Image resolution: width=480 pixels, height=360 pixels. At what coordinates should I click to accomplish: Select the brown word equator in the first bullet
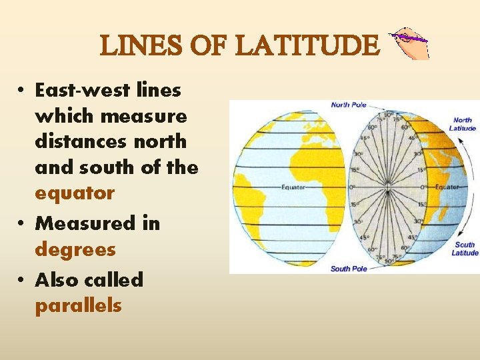click(75, 193)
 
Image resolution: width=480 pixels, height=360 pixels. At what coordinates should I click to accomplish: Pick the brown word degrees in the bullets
click(75, 250)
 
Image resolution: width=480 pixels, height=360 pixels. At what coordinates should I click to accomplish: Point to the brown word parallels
click(78, 307)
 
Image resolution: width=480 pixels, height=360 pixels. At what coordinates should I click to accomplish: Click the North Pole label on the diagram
click(349, 105)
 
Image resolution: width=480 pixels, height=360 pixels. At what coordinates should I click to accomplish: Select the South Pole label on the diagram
click(348, 269)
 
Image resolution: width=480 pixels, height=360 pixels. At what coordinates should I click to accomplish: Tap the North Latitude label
click(462, 124)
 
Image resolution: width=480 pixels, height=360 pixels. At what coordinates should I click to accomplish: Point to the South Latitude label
click(465, 249)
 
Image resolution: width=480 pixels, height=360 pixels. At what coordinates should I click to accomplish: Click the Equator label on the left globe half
click(293, 187)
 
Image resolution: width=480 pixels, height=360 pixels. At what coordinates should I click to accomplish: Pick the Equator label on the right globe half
click(447, 187)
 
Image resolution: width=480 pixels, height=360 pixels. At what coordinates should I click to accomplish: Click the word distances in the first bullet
click(73, 141)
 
